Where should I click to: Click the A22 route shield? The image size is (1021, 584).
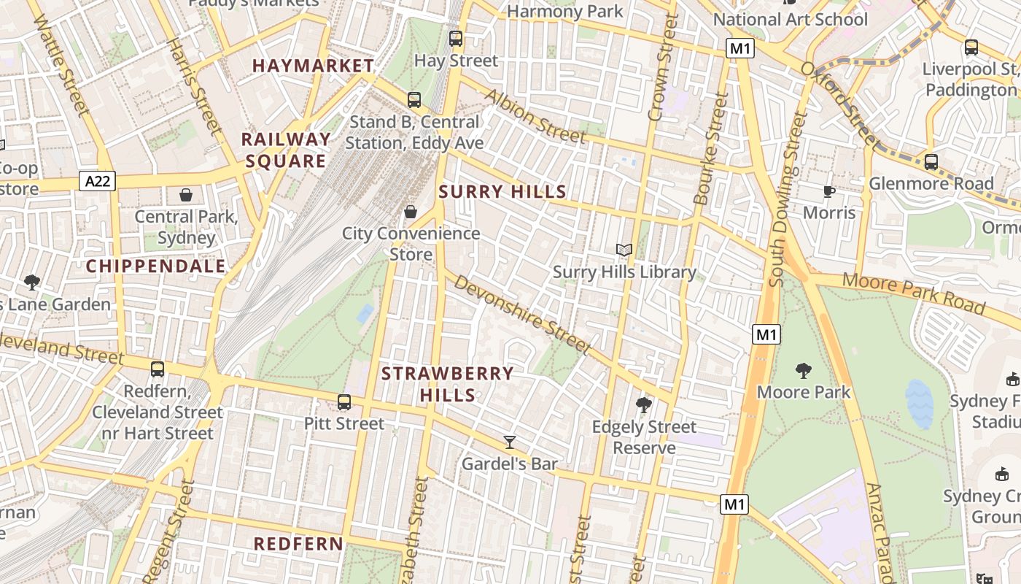[97, 181]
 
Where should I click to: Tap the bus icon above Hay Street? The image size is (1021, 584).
[456, 39]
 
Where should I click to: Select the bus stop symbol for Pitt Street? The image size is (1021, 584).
[343, 402]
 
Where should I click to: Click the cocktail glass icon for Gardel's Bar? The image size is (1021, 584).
[510, 442]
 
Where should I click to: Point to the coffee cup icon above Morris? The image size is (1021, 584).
[828, 191]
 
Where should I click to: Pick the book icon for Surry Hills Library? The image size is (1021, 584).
[624, 250]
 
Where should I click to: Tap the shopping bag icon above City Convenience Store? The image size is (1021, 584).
[411, 212]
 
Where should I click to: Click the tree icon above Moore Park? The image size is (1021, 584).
[804, 371]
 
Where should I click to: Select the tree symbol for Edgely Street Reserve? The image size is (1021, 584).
[643, 404]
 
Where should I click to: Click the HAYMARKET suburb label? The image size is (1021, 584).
[313, 66]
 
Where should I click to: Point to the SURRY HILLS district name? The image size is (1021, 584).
[502, 192]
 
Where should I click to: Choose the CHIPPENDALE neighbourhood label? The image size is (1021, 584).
[156, 266]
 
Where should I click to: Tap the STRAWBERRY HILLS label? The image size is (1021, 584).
[448, 384]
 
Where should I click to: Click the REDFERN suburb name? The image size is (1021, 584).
[298, 544]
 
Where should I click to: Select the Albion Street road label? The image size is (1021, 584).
[535, 116]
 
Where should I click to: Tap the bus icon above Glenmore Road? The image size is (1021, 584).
[931, 162]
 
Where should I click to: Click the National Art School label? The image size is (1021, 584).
[791, 19]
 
